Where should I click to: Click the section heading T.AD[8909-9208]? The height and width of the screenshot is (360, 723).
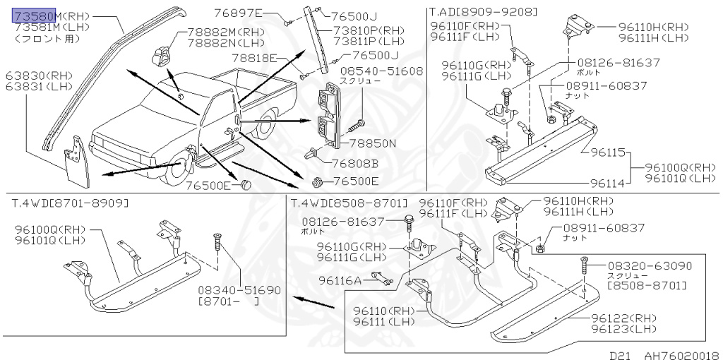pos(483,12)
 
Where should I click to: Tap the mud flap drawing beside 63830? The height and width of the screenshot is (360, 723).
pos(73,161)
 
